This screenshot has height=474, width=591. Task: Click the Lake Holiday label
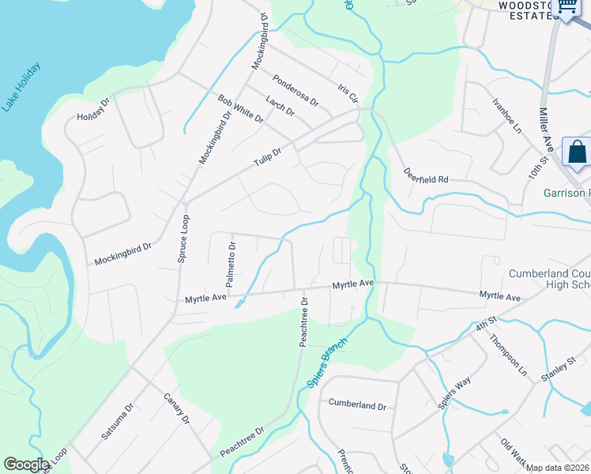click(21, 87)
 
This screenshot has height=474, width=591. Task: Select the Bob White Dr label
click(240, 109)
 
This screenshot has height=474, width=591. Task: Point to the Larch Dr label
click(280, 106)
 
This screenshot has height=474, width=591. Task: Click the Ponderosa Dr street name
click(295, 91)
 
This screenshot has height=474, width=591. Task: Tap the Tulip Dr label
click(267, 157)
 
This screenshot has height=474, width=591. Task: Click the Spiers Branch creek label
click(326, 363)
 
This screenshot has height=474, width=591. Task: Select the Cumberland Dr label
click(358, 405)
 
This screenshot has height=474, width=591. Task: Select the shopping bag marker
click(577, 151)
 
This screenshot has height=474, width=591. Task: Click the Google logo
click(27, 464)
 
